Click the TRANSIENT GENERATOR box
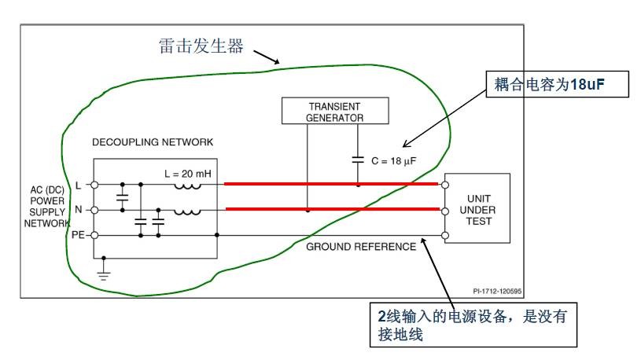334,111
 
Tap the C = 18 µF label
393,160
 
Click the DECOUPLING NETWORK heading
153,143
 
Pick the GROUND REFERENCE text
361,247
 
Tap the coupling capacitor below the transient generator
358,160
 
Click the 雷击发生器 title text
199,46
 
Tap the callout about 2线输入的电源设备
477,324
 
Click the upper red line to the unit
330,185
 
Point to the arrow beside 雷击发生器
266,56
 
